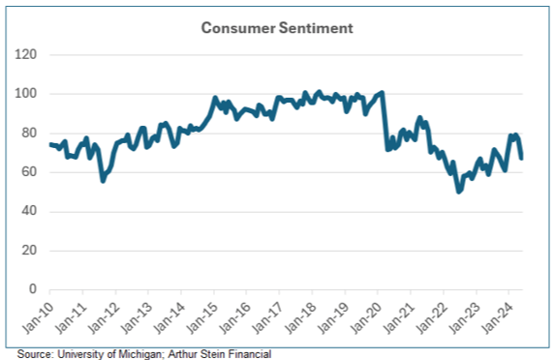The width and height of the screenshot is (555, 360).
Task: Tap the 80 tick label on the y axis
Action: pos(29,134)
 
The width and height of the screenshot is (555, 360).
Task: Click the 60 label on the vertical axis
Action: pos(29,172)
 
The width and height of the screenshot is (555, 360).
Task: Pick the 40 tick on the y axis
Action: pos(29,212)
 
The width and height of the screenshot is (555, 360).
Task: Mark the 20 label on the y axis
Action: pos(29,251)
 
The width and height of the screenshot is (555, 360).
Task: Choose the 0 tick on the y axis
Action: pos(33,289)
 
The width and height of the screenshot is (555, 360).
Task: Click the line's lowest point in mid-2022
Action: pos(459,192)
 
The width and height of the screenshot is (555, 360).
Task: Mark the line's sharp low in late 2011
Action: pos(103,180)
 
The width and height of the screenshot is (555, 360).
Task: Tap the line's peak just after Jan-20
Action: pos(384,93)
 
